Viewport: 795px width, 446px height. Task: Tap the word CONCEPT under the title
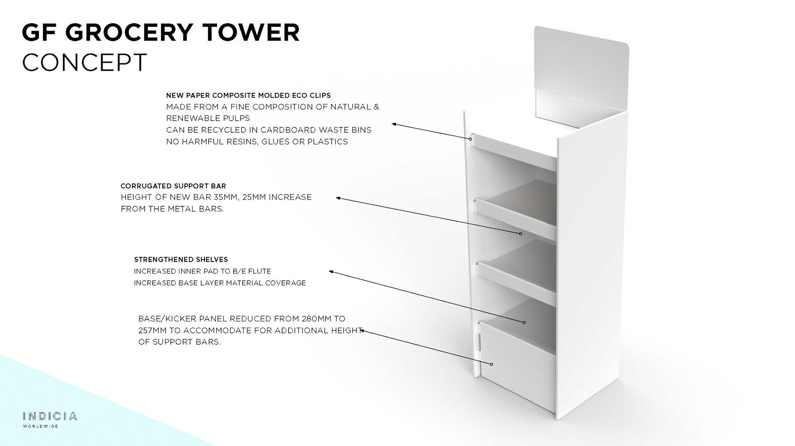[x=84, y=62]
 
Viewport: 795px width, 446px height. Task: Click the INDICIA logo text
[x=50, y=416]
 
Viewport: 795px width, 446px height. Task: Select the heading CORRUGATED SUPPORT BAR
[x=173, y=186]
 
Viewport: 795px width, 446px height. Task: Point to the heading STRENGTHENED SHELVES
[x=181, y=260]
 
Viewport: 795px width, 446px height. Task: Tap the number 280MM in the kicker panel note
[x=317, y=319]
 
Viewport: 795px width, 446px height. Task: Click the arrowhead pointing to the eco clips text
[x=394, y=124]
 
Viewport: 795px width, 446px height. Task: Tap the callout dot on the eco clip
[x=470, y=139]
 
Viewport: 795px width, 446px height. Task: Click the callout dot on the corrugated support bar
[x=520, y=234]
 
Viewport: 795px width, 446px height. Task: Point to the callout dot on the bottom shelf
[x=524, y=322]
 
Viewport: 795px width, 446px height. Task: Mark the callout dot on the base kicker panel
[x=491, y=364]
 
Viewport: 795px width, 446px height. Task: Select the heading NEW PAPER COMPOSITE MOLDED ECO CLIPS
[x=248, y=95]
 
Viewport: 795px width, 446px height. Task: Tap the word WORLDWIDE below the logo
[x=41, y=426]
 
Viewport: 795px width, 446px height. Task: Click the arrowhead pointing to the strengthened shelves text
[x=331, y=272]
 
